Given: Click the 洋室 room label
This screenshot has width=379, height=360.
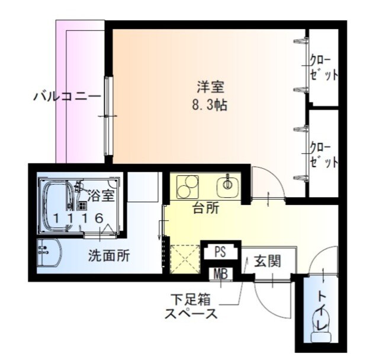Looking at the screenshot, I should click(x=210, y=86).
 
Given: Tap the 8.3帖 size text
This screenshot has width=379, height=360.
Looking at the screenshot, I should click(x=210, y=106).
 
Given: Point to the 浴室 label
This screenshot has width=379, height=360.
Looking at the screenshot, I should click(x=101, y=194).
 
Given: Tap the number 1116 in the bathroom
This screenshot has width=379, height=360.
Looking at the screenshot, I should click(x=78, y=218).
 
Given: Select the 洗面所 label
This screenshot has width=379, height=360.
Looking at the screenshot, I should click(x=109, y=256).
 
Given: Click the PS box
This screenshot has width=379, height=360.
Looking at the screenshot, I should click(x=220, y=252).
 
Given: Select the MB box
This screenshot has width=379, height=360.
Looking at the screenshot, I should click(x=220, y=274).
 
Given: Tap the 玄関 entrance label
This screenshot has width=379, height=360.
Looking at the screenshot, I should click(x=268, y=261).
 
